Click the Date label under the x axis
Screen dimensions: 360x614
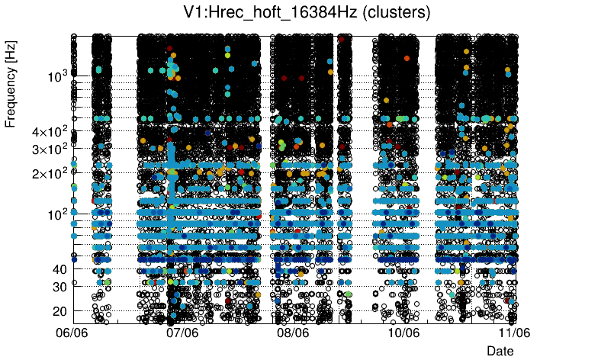[x=500, y=350]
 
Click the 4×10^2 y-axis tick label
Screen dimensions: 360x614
[x=50, y=131]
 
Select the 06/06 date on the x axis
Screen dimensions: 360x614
[x=73, y=333]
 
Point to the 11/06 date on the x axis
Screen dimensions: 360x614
[x=513, y=333]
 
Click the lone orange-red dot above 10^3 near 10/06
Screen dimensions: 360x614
[x=407, y=57]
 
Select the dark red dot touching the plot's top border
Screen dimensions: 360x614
[x=342, y=38]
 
